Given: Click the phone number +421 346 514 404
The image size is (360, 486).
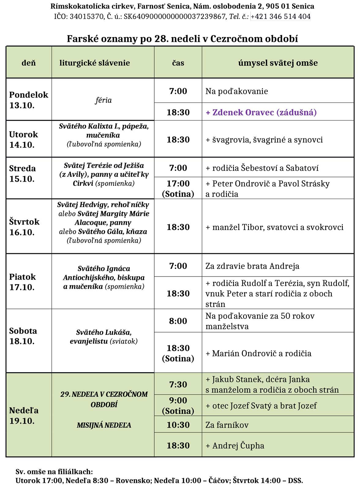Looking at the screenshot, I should coord(280,17).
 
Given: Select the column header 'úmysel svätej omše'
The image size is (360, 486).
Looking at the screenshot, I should coord(278,63).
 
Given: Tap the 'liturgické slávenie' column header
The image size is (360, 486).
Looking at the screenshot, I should coord(95,63).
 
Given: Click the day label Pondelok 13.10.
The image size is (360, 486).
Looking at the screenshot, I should coord(28,100).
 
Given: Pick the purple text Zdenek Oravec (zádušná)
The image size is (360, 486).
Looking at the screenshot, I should coord(261,112).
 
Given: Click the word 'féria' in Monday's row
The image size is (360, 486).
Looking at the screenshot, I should coord(103,100).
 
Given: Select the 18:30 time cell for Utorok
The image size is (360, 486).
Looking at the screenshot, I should coord(178,139).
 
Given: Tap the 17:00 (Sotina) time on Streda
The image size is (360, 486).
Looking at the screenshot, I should coord(178,188).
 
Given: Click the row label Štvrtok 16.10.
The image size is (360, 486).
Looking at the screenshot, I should coord(24,227).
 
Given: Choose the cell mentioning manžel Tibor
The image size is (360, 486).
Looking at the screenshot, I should coord(274,227).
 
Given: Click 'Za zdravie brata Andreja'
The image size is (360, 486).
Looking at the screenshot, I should coord(252,266).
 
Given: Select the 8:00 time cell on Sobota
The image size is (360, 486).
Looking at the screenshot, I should coord(178,321).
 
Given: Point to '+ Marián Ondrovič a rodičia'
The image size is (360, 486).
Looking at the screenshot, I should coord(258,353).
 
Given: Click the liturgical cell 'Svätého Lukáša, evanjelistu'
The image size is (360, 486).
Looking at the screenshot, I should coord(103,336).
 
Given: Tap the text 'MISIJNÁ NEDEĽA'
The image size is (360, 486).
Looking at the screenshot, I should coord(104,425).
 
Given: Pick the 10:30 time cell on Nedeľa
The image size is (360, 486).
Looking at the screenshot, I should coord(178,425).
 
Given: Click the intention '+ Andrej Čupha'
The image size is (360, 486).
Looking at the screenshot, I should coord(235,445).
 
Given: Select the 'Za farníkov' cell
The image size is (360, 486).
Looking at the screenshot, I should coord(227,425).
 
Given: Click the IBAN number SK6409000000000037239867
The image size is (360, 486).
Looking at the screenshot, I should coord(174,17).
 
